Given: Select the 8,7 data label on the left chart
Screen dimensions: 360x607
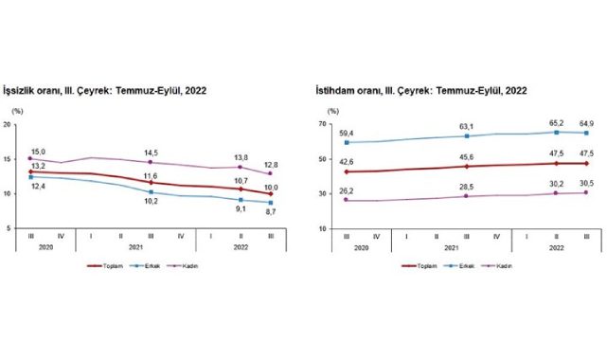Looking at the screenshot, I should [272, 212].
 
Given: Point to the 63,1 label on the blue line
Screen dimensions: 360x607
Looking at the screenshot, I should [467, 126].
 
